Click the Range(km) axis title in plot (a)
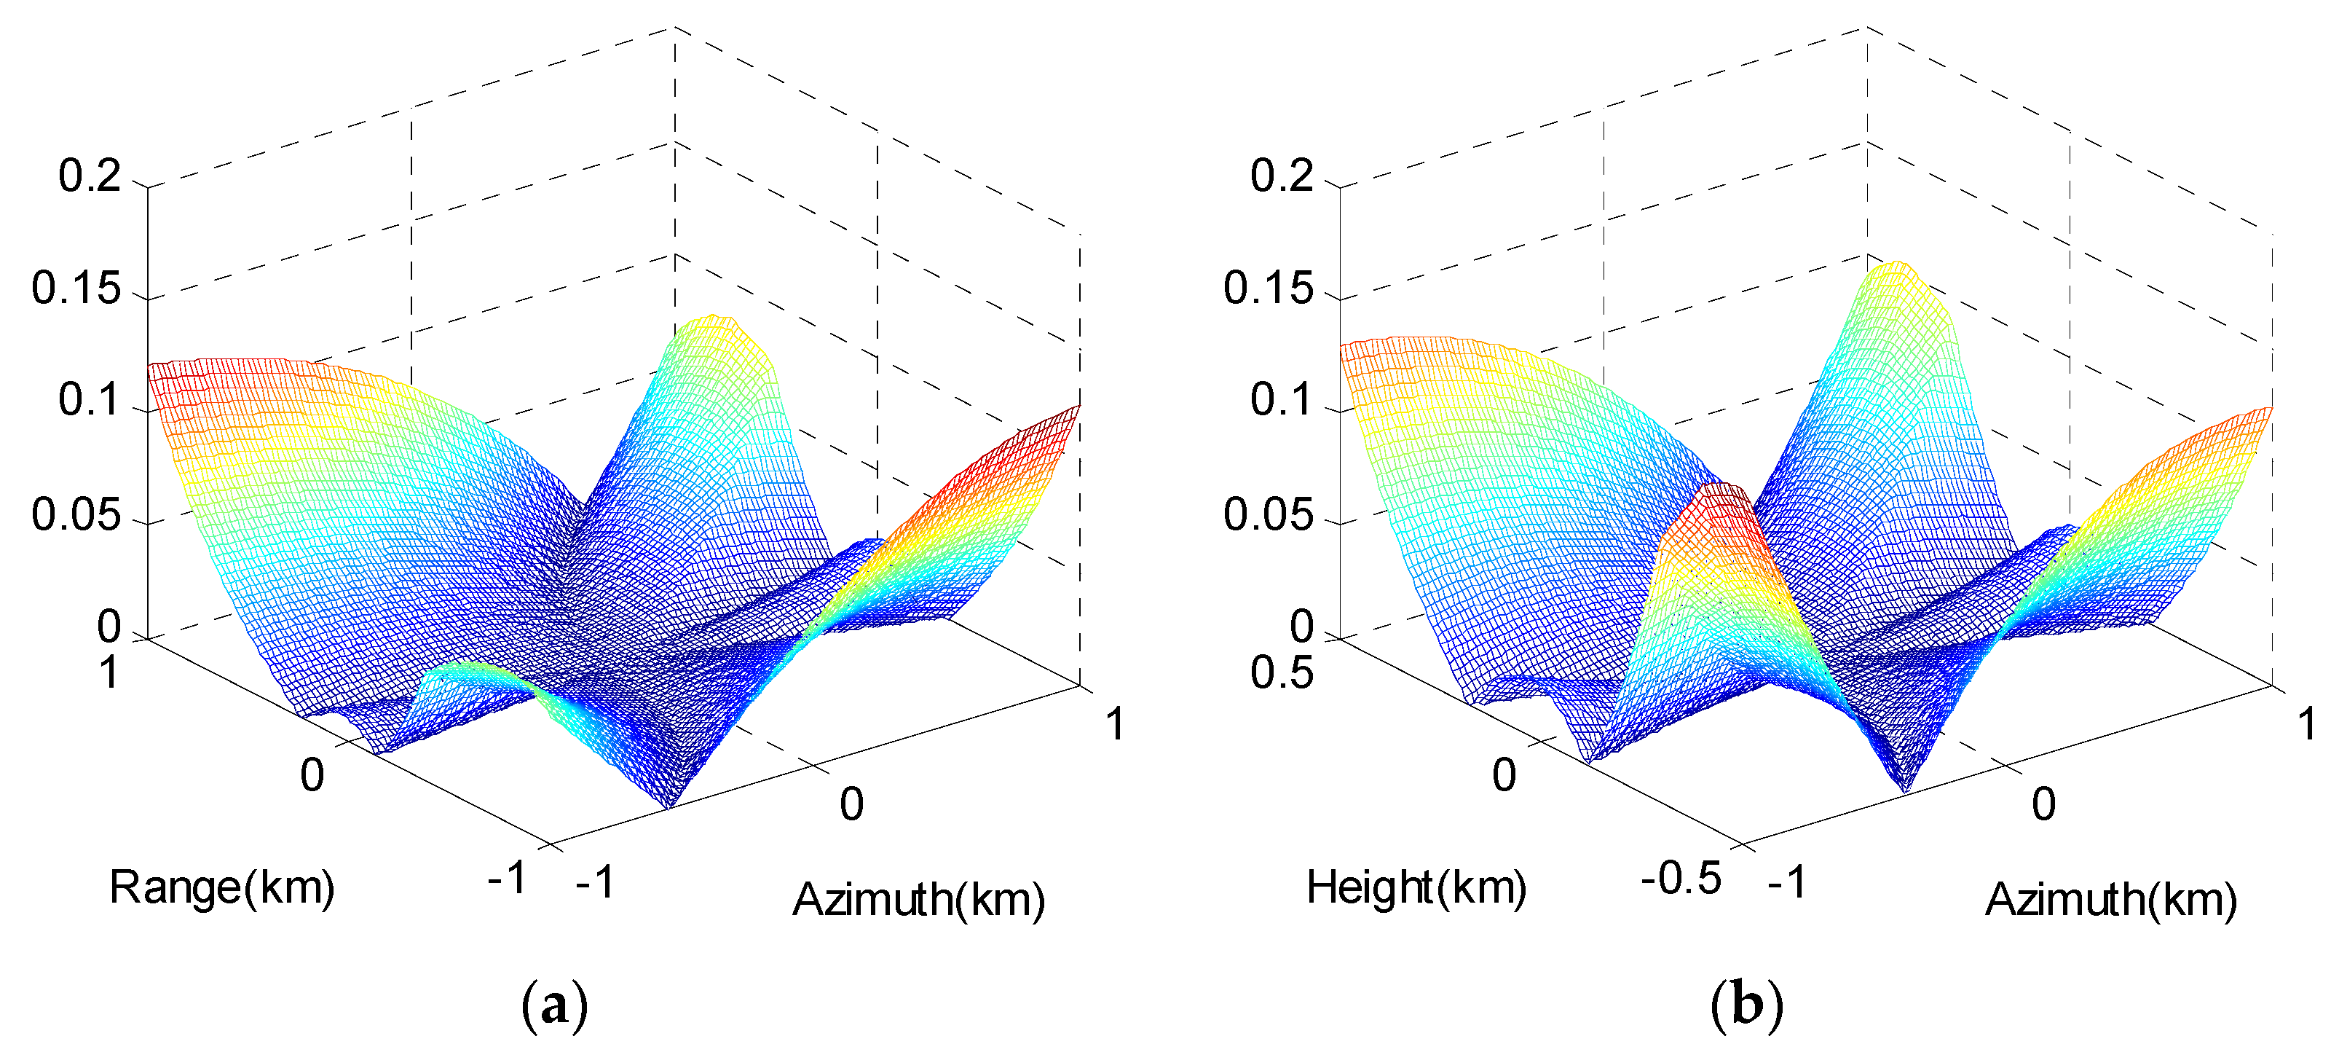[x=221, y=887]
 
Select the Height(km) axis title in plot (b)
[x=1416, y=887]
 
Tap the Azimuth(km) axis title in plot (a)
[x=918, y=900]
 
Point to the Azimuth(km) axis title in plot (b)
[x=2110, y=900]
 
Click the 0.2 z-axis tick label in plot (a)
[x=90, y=175]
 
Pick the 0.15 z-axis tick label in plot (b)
[x=1268, y=288]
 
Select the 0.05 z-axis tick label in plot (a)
[x=76, y=515]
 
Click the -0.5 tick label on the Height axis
[x=1681, y=878]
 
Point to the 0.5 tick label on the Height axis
[x=1282, y=672]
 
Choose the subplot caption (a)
[x=555, y=1005]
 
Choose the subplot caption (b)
[x=1746, y=1005]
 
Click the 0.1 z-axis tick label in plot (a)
[x=90, y=399]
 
